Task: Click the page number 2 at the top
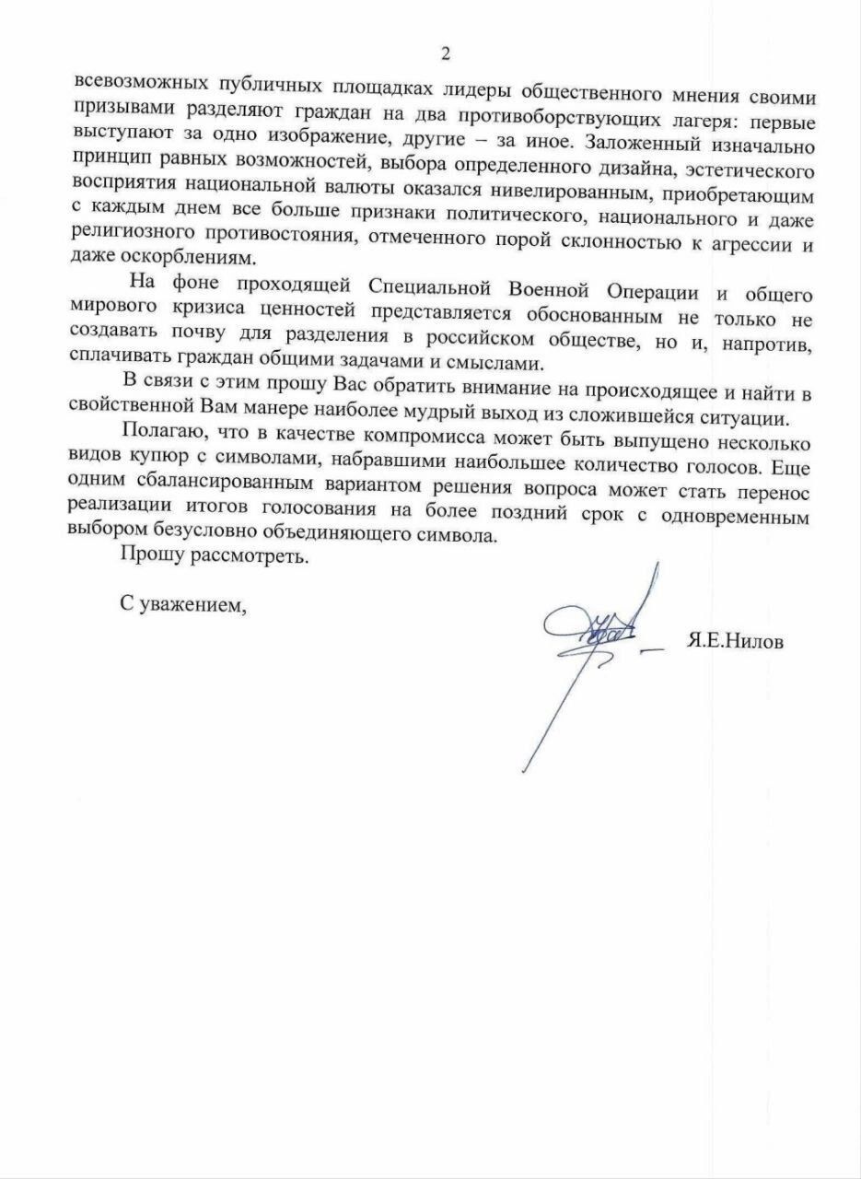coord(446,54)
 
